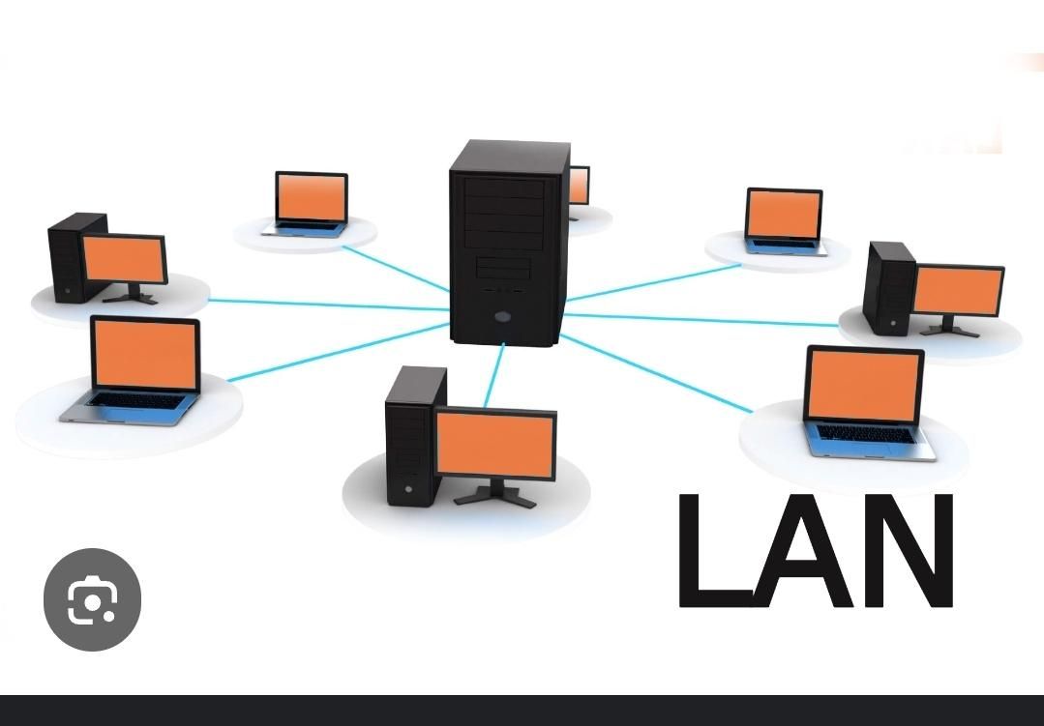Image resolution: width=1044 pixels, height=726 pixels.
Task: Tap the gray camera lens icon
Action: tap(92, 599)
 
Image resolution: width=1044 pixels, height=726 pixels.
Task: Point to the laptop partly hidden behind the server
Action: tap(579, 188)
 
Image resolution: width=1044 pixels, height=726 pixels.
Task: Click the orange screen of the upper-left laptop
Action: tap(311, 197)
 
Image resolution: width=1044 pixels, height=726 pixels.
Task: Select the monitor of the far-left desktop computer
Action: tap(123, 258)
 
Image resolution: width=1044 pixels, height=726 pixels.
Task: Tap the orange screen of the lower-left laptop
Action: tap(144, 354)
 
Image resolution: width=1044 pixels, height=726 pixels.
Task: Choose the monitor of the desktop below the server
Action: tap(495, 444)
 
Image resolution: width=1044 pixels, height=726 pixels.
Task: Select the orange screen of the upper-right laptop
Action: tap(784, 214)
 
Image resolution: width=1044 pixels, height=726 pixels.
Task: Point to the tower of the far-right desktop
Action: tap(888, 288)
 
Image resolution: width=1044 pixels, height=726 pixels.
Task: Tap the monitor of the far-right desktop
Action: tap(957, 290)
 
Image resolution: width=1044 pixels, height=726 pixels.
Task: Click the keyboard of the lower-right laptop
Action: tap(866, 434)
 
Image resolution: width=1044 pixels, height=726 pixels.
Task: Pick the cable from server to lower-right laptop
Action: tap(658, 375)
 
